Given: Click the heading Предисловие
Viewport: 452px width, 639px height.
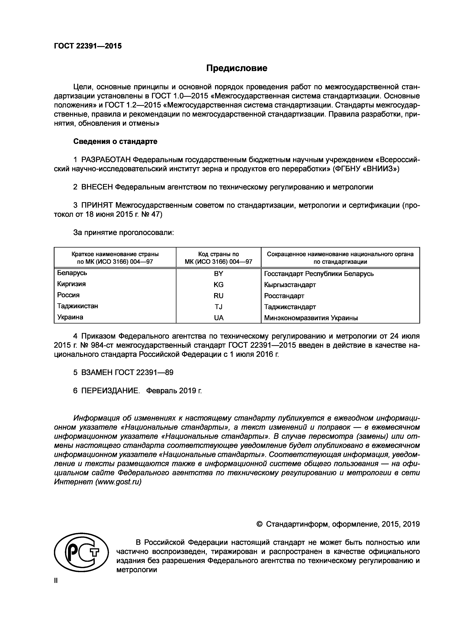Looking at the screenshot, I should pos(237,68).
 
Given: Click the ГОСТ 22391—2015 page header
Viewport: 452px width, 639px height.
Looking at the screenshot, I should pos(88,46).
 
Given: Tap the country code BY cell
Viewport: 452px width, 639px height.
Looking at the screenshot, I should pos(219,274).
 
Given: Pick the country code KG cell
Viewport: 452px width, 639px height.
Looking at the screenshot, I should pos(219,285).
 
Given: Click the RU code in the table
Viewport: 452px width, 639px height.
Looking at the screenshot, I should pos(219,296).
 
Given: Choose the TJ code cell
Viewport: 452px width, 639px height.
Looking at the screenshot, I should pos(219,307).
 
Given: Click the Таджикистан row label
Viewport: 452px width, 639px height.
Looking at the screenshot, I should pos(78,306).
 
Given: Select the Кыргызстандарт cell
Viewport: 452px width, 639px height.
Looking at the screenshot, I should pos(290,285).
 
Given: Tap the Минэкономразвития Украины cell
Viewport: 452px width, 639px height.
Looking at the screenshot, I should pos(311,318).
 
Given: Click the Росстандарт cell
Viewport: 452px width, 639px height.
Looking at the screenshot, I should pos(284,296).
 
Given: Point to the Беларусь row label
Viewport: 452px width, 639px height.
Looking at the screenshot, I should pos(72,273).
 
